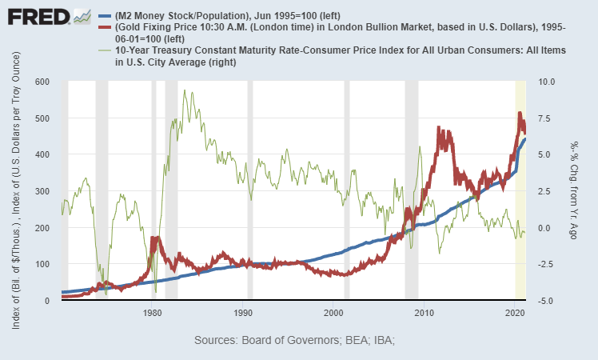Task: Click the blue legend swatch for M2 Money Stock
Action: pyautogui.click(x=105, y=16)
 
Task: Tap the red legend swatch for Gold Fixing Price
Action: pyautogui.click(x=105, y=27)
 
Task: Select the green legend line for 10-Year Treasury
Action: pyautogui.click(x=105, y=50)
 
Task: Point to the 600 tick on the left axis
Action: pyautogui.click(x=41, y=82)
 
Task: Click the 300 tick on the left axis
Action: pyautogui.click(x=41, y=191)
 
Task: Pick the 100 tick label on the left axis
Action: pyautogui.click(x=41, y=264)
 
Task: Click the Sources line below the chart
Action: pyautogui.click(x=295, y=340)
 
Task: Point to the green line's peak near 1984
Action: pyautogui.click(x=185, y=91)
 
